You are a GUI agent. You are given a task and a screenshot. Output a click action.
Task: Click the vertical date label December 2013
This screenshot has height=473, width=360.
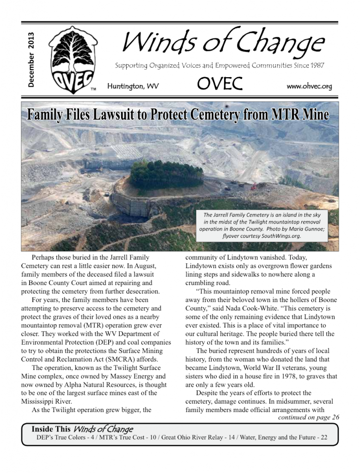coord(31,60)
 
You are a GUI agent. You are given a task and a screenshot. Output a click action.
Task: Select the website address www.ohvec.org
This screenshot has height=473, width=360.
coord(309,86)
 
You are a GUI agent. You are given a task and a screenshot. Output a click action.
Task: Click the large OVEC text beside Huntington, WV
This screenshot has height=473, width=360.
coord(220,84)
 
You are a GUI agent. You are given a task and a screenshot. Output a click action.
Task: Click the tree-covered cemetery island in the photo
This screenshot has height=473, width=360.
coord(166,174)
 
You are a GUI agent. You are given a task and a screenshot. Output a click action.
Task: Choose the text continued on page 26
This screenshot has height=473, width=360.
coord(309,417)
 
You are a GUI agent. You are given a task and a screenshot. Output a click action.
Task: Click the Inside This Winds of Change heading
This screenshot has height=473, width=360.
coord(82,429)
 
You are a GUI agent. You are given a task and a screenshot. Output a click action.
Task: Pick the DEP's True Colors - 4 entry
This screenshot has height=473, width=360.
coord(60,437)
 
